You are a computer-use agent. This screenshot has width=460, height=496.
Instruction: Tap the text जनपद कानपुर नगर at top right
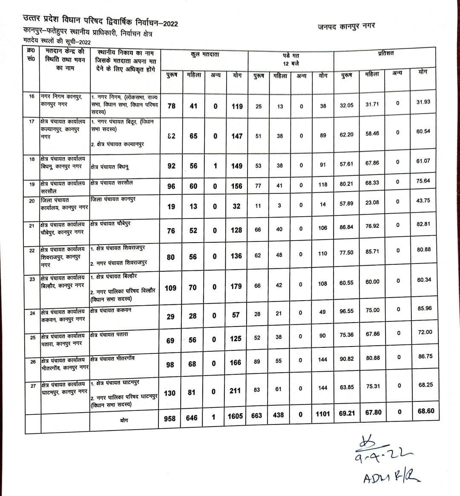[346, 26]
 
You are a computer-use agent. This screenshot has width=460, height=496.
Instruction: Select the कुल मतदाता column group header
[205, 55]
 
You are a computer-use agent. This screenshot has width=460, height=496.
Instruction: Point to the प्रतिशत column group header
[385, 53]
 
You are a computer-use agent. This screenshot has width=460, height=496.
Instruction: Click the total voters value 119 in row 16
[237, 106]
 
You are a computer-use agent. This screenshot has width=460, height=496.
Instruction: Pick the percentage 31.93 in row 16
[423, 102]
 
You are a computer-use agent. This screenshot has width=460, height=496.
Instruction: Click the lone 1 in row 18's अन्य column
[216, 166]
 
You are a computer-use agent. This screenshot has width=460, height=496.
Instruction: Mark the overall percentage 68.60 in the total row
[426, 411]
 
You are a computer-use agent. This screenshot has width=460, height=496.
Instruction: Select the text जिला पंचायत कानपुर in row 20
[113, 199]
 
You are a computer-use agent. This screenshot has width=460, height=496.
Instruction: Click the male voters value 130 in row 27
[170, 393]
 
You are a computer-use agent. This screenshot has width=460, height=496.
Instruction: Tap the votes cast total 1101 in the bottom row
[323, 414]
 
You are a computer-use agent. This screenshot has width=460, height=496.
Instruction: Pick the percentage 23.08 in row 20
[372, 203]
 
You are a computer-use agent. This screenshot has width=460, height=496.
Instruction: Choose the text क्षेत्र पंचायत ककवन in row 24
[111, 310]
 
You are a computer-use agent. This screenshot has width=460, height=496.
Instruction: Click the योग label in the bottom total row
[124, 420]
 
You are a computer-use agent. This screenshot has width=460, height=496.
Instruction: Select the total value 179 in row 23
[236, 287]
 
